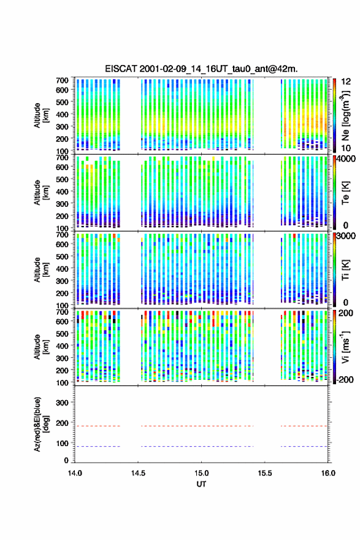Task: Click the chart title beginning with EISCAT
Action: (201, 69)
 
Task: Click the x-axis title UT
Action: (201, 484)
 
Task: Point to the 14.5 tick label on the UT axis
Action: (138, 473)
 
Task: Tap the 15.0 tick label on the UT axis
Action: (201, 473)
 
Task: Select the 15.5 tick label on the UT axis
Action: (265, 473)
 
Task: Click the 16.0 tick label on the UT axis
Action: (328, 473)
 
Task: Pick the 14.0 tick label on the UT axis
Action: (75, 473)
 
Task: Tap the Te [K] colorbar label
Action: (345, 193)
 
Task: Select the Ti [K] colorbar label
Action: (345, 269)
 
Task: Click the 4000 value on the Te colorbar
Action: (347, 159)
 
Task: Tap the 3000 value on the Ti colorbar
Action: (347, 236)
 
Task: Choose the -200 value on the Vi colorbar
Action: (345, 379)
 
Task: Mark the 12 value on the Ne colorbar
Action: (346, 82)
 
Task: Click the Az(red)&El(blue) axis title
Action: (40, 424)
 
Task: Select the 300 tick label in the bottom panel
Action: (62, 403)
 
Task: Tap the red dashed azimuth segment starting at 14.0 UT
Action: (98, 426)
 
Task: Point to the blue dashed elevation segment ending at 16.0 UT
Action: (304, 446)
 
